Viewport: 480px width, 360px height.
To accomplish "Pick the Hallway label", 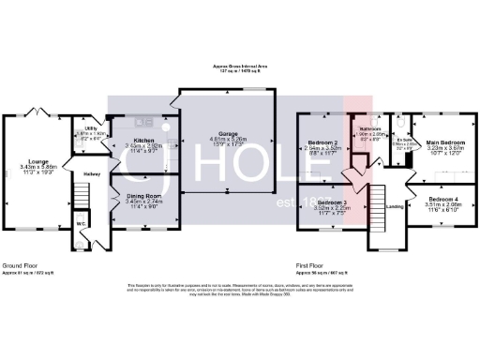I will [91, 173].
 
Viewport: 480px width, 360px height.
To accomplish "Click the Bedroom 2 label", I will [323, 142].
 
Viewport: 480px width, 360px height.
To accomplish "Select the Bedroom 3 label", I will [331, 202].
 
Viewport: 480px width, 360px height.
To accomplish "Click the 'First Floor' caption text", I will [312, 266].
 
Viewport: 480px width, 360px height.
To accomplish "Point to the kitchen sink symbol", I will [145, 121].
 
